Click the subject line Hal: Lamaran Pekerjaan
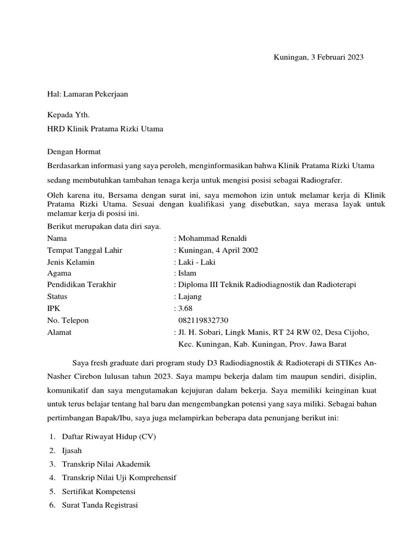[x=87, y=94]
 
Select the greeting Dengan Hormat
[x=74, y=151]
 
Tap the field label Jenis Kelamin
[x=71, y=262]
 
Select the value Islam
[x=186, y=273]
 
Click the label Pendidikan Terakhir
[x=82, y=285]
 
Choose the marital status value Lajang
[x=190, y=296]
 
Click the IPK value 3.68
[x=186, y=308]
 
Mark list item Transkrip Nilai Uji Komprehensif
[x=119, y=478]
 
